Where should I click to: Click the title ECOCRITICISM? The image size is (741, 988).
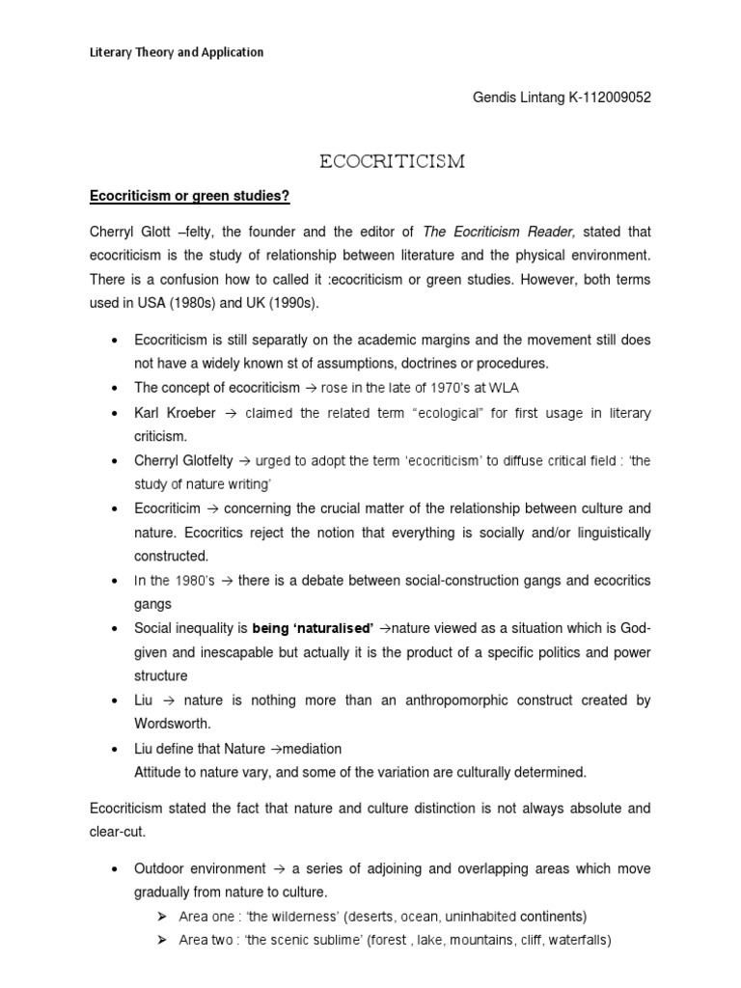click(x=392, y=162)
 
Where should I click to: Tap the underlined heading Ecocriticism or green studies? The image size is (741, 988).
click(x=189, y=198)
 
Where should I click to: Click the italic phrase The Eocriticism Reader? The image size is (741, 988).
click(x=501, y=231)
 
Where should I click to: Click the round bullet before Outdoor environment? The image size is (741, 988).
click(x=116, y=869)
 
